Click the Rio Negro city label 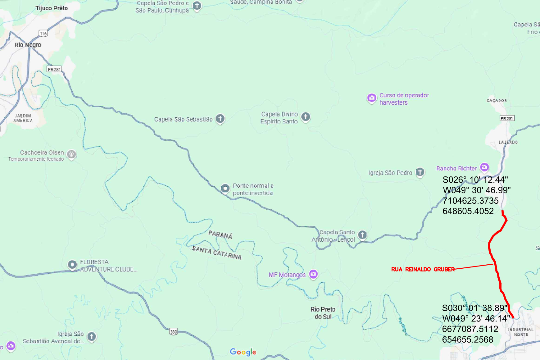(x=28, y=45)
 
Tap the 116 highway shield (x=43, y=34)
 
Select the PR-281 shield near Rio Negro (x=54, y=69)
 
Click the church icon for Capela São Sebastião (x=220, y=118)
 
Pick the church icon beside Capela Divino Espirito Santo (x=306, y=117)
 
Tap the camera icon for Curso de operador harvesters (x=371, y=98)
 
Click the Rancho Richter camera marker (x=484, y=167)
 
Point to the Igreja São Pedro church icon (x=420, y=172)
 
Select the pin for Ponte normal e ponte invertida (x=225, y=188)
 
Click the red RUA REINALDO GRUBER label (x=423, y=269)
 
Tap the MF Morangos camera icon (x=313, y=274)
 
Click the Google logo (x=243, y=352)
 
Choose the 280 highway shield (x=173, y=332)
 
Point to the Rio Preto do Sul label (x=323, y=313)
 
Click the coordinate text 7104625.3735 (x=470, y=201)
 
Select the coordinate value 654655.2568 (x=468, y=339)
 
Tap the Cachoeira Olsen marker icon (x=71, y=154)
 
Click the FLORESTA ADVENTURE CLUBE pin (x=72, y=265)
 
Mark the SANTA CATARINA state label (x=217, y=253)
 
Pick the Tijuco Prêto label (x=52, y=8)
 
